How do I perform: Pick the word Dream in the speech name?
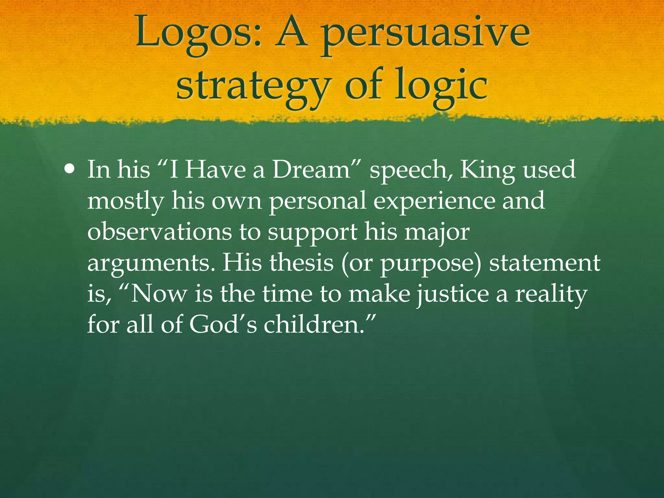coord(311,170)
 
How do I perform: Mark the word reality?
coord(551,294)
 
